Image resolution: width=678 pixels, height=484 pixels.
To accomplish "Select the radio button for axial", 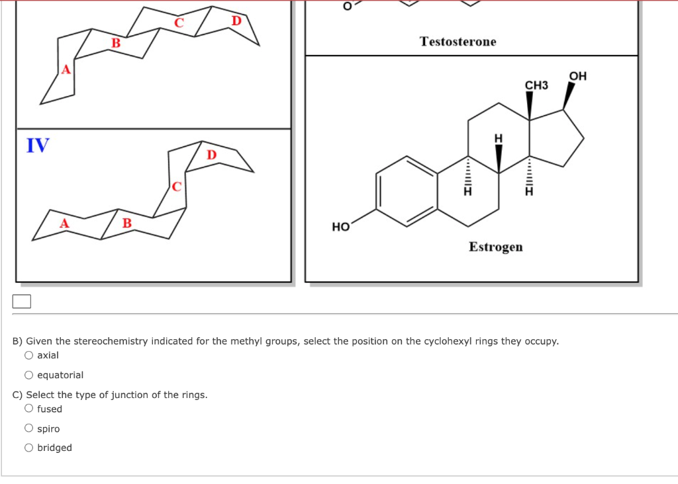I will [x=28, y=355].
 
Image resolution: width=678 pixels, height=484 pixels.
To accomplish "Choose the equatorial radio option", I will [x=28, y=375].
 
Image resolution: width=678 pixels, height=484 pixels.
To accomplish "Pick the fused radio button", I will [x=28, y=409].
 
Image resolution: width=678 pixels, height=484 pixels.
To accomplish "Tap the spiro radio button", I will [x=28, y=428].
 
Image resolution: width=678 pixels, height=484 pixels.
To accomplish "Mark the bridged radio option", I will [x=28, y=448].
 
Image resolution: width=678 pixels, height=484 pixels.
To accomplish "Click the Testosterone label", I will [x=458, y=42].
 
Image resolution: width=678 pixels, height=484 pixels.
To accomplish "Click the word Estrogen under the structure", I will [x=495, y=247].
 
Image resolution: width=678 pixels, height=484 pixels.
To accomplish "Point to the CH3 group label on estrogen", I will [x=536, y=85].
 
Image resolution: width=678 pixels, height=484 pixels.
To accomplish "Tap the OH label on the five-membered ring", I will [x=577, y=76].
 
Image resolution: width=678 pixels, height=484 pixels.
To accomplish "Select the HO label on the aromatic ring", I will [x=341, y=227].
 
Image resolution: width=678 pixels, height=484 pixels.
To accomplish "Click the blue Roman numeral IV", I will [x=38, y=145].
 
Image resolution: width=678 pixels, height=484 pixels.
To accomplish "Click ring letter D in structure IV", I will [x=211, y=155].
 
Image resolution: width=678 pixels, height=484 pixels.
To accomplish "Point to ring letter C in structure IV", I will [x=176, y=186].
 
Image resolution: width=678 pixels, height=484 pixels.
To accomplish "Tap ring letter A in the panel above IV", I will [x=66, y=69].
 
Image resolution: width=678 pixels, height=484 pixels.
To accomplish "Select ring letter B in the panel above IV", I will [x=116, y=43].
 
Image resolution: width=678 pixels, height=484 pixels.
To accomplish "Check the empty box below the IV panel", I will [x=22, y=302].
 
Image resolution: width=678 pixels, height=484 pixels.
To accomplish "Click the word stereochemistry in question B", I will [x=111, y=341].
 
